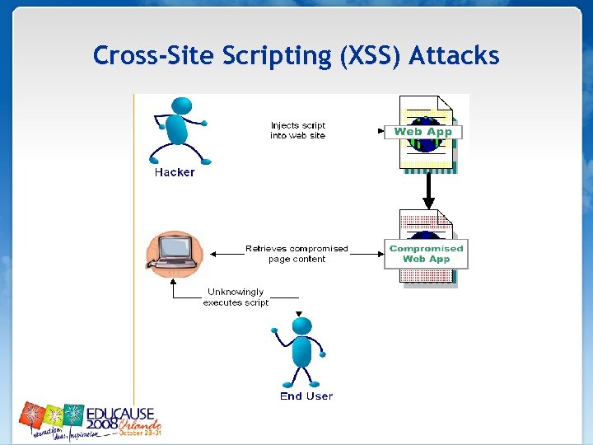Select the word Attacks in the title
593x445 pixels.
pos(454,55)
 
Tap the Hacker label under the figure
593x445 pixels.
pos(175,173)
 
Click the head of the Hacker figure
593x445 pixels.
pos(182,106)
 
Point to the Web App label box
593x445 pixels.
pos(423,132)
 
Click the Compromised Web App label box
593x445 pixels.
pos(426,254)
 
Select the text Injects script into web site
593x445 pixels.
pos(298,131)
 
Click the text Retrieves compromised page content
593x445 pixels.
pos(296,254)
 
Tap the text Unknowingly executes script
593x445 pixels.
pos(236,297)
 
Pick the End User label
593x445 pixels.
pos(306,396)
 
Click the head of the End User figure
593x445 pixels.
pos(302,326)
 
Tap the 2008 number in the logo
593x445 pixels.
pos(102,424)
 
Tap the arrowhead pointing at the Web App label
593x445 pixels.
pos(381,130)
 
